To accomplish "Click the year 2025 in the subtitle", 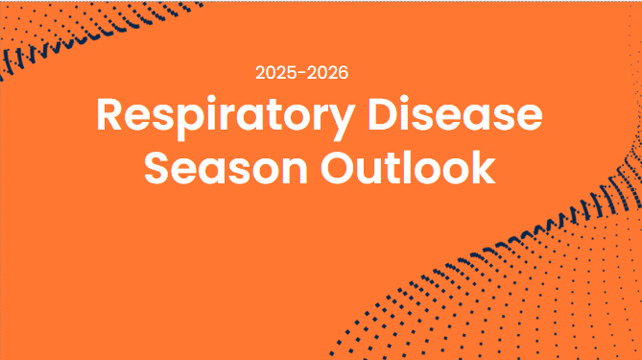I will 276,73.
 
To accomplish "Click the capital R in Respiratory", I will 111,116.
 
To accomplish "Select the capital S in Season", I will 158,168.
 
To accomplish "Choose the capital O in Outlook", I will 339,168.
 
